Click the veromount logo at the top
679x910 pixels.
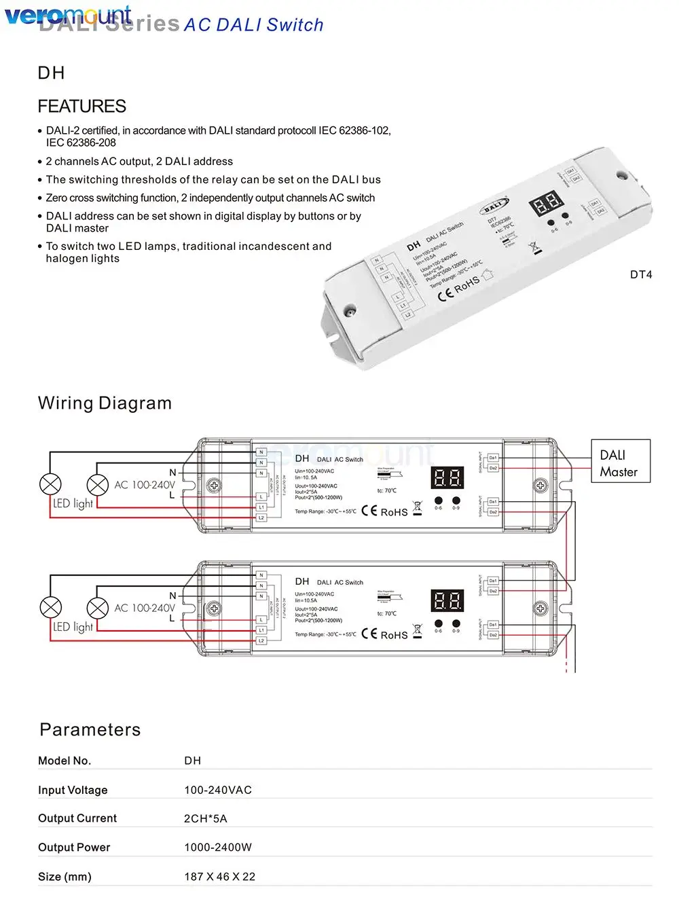point(68,15)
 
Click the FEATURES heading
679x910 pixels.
point(81,107)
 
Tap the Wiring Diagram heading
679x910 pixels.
point(105,403)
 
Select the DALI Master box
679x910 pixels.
point(619,463)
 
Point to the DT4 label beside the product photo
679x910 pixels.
point(641,275)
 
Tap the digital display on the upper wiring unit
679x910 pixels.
point(447,478)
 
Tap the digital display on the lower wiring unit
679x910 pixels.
point(447,601)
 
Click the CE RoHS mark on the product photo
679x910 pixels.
point(459,288)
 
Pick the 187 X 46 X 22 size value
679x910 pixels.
point(220,877)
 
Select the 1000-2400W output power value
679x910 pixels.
point(218,848)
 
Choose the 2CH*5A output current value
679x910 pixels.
point(206,819)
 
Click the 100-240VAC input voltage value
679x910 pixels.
point(218,790)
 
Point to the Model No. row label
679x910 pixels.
point(65,761)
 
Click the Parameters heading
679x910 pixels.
point(90,730)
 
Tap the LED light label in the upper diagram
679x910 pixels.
point(73,504)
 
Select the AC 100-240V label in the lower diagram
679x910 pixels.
point(145,608)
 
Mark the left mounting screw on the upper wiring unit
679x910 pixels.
point(214,486)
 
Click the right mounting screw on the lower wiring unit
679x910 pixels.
point(540,608)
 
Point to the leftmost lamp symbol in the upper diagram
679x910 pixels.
point(51,484)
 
